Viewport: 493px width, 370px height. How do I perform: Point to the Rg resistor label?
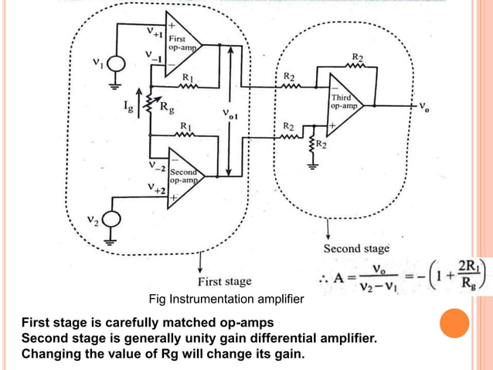click(x=167, y=109)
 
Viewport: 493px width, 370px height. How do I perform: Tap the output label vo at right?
click(x=426, y=108)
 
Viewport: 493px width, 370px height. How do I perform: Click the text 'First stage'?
click(x=224, y=281)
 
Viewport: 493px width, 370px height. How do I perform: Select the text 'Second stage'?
click(x=356, y=248)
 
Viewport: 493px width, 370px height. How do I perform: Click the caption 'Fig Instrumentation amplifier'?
click(x=226, y=299)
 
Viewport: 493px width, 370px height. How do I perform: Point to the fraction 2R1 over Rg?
click(x=468, y=274)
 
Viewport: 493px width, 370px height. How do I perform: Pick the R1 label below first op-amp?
click(x=187, y=77)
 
